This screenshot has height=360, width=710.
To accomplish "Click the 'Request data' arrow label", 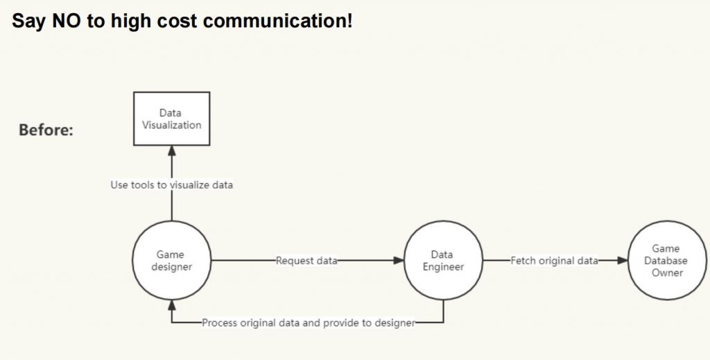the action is coord(306,261).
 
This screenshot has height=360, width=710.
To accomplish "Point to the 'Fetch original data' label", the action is coord(554,261).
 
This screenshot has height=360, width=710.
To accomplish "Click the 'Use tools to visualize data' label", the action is coord(172,185).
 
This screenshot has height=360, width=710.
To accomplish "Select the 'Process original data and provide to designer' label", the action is coord(309,323).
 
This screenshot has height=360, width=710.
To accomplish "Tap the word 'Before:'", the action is coord(46,130).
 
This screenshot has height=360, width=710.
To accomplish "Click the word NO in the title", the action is coord(66,21).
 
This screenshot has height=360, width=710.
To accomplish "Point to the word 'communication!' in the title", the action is coord(277,21).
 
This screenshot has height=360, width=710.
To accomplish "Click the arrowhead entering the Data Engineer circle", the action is coord(399,260).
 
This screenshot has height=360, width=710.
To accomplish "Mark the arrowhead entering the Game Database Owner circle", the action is coord(623,260).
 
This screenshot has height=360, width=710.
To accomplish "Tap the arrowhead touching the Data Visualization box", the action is coord(172,151).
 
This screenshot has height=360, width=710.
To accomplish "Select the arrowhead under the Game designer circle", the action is coord(172,305).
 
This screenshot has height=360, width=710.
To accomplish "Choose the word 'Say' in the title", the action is coord(29,22).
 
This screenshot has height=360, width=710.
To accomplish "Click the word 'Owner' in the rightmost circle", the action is coord(668,273).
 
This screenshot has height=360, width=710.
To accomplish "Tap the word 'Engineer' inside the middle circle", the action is coord(443,267).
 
